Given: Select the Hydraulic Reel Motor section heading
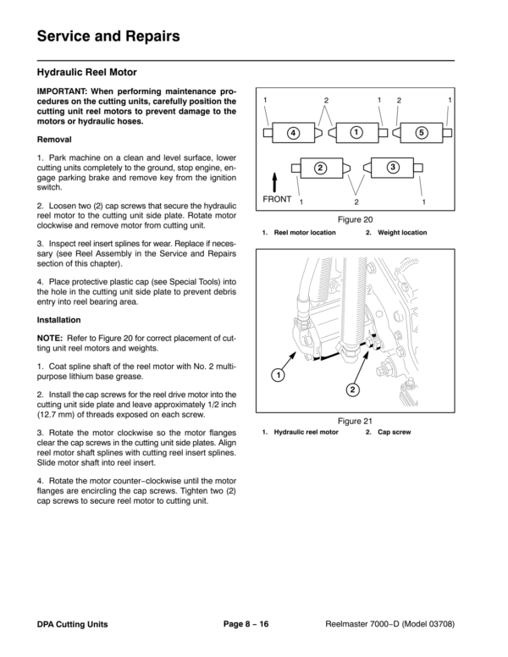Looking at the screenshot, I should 87,74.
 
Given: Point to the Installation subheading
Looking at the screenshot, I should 58,321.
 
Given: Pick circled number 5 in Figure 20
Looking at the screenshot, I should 421,133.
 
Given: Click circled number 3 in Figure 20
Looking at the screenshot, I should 393,167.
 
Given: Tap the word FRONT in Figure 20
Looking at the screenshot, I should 277,200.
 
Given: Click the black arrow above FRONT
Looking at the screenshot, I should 276,183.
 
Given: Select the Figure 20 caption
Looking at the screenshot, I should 356,218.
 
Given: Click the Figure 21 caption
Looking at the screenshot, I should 356,420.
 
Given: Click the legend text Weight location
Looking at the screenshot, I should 402,233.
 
